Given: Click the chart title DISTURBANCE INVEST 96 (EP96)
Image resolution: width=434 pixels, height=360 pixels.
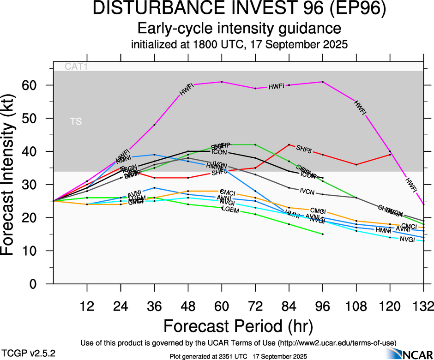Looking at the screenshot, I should [239, 10].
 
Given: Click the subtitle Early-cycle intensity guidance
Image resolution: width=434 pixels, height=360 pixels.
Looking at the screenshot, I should [239, 29].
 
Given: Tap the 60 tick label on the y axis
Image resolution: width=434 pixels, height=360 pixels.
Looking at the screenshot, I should [36, 85].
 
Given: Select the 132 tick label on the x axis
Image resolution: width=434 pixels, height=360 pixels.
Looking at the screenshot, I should [424, 307].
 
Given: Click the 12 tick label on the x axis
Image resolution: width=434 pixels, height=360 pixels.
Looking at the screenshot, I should [87, 307].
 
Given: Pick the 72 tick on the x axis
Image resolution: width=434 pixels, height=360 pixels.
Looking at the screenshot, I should [255, 307].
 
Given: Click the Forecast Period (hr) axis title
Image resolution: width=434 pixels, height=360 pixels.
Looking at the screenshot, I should [239, 325].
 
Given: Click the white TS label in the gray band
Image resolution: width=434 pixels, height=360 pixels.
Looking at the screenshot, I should [76, 121].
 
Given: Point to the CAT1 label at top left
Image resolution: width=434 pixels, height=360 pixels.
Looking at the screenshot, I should [76, 66].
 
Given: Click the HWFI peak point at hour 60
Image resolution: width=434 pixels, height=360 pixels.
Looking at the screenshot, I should [222, 82].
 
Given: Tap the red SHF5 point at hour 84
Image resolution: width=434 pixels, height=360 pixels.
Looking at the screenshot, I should [289, 144].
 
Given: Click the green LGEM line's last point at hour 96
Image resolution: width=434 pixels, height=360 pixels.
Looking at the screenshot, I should [323, 234].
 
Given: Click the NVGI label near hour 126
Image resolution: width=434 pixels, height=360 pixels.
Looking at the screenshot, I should [407, 239].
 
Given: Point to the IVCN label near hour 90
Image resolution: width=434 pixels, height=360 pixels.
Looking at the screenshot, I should [307, 190].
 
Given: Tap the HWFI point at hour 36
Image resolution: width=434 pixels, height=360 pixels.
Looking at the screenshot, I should [154, 125].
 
